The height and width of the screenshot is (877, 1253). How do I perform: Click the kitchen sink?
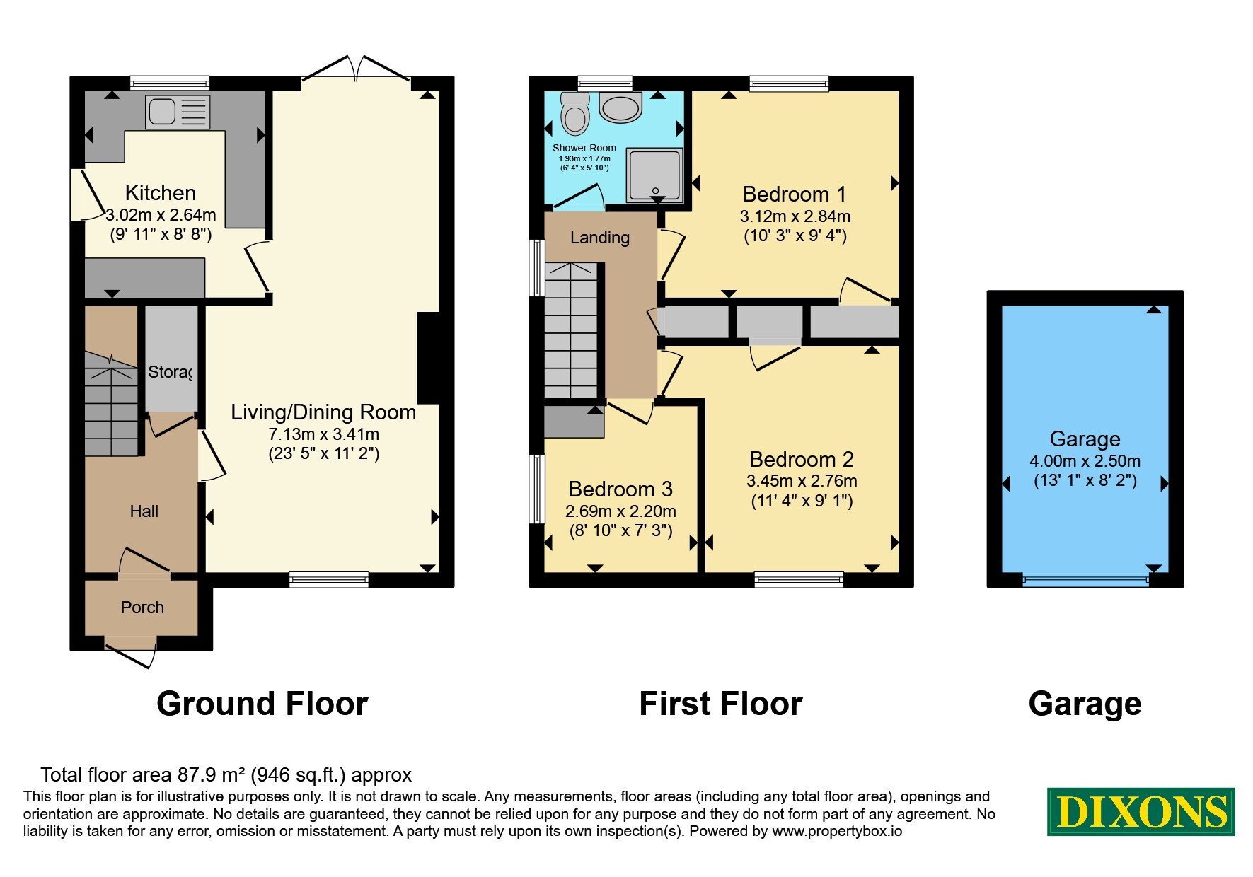pos(178,112)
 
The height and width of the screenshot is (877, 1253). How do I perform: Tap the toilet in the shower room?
pos(574,113)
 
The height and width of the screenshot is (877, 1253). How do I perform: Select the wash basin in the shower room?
pos(620,107)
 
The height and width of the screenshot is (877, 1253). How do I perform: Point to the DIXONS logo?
pos(1141,811)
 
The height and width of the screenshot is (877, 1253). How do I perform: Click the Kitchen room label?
pos(161,192)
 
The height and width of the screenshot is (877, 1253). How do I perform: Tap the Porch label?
pos(142,608)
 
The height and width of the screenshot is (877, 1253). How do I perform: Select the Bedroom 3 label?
pos(620,489)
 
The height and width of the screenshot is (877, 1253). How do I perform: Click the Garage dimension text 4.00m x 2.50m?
pos(1085,461)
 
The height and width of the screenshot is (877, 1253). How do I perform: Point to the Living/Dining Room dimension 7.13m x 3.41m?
pos(323,434)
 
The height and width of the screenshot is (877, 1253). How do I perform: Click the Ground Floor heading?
pos(262,704)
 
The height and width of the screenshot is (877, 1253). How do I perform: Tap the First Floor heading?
pos(721,704)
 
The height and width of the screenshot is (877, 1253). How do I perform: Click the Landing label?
pos(600,238)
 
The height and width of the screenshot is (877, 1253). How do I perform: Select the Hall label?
pos(144,511)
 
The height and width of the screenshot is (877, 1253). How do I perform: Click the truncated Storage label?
pos(170,371)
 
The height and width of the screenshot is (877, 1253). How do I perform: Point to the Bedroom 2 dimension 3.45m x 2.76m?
pos(802,481)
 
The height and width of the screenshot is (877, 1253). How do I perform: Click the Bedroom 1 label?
pos(795,194)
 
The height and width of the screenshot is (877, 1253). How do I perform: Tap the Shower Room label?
pos(584,148)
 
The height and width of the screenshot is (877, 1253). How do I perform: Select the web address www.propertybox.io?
pos(837,831)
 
